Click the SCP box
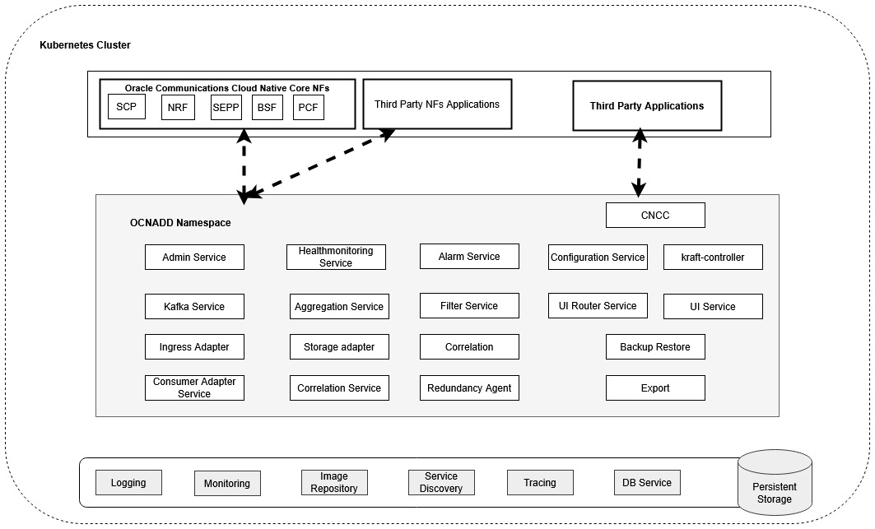click(x=126, y=107)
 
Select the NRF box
click(x=178, y=107)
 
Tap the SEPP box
click(x=226, y=107)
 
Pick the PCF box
click(x=309, y=107)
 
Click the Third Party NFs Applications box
click(x=437, y=104)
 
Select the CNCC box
click(x=655, y=216)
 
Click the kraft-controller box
click(x=713, y=257)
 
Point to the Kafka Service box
click(x=194, y=306)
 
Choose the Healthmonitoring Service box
click(x=336, y=257)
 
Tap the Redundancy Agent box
click(x=469, y=388)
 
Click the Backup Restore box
click(x=655, y=347)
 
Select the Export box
click(x=655, y=388)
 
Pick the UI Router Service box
click(x=598, y=306)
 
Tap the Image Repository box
click(x=334, y=482)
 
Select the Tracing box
click(x=540, y=483)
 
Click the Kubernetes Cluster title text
click(x=85, y=45)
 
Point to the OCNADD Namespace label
click(x=180, y=223)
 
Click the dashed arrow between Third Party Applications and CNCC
click(x=640, y=162)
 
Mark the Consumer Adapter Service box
click(x=194, y=388)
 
